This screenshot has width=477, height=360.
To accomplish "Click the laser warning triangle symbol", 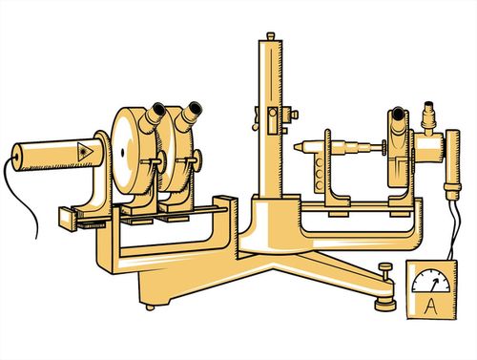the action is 85,151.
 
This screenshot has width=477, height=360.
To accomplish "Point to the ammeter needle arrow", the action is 433,285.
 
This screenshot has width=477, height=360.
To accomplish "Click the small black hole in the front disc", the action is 123,153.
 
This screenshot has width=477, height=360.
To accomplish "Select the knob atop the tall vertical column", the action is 271,35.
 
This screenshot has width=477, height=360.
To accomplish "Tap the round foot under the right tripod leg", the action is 385,305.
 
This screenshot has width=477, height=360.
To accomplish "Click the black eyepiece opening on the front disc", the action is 158,109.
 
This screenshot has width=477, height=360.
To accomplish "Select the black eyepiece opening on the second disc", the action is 195,108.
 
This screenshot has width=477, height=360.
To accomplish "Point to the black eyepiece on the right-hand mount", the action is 398,113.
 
